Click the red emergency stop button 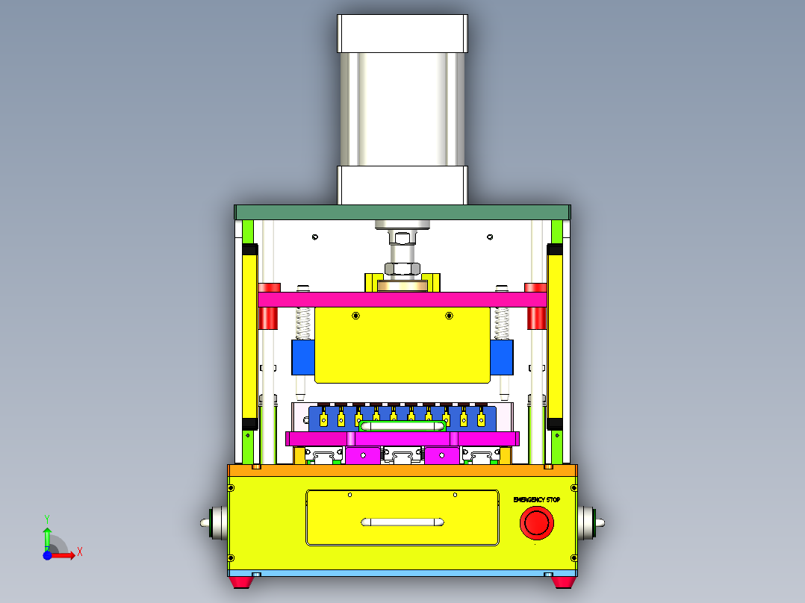[537, 522]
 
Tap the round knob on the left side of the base [215, 523]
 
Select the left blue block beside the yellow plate [302, 357]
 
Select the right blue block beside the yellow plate [502, 357]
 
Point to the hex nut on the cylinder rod [402, 269]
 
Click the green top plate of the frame [402, 212]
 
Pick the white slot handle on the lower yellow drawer [402, 522]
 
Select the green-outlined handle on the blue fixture [402, 426]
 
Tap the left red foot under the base [240, 581]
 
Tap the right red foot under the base [564, 581]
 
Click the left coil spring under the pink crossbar [303, 322]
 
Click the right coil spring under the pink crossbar [501, 322]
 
